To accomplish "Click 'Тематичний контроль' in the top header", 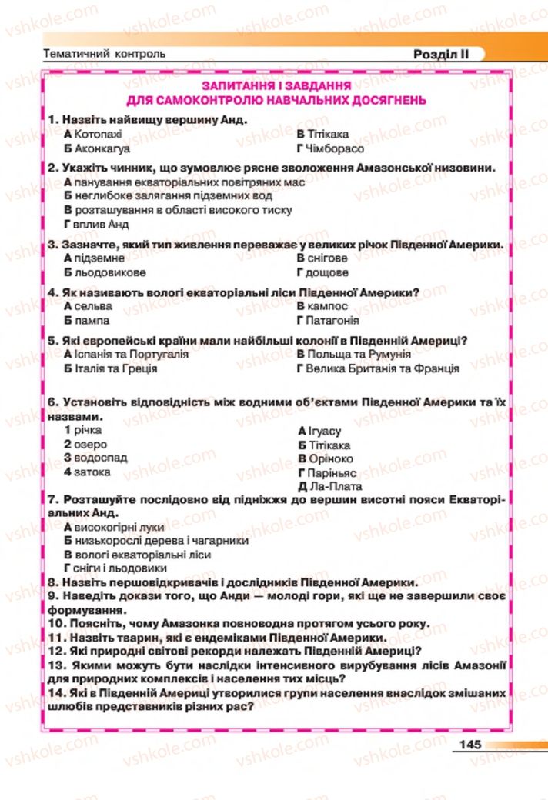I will pyautogui.click(x=105, y=55).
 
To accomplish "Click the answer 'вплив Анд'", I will pyautogui.click(x=101, y=225).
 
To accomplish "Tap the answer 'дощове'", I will pyautogui.click(x=327, y=272).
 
